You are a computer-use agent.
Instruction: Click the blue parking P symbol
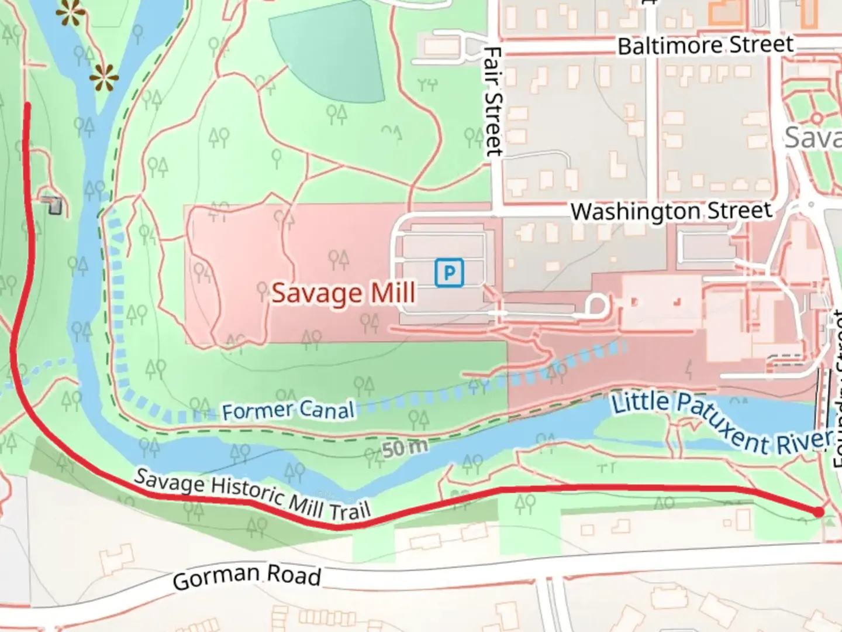tap(449, 273)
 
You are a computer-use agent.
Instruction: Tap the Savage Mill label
tap(344, 293)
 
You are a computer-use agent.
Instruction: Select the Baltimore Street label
tap(705, 45)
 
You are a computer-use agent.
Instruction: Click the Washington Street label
tap(671, 211)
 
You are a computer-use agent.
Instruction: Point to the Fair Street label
tap(494, 102)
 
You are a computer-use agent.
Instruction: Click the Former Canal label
tap(288, 410)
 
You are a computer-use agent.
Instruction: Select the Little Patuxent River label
tap(720, 423)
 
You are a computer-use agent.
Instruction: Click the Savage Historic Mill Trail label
tap(253, 495)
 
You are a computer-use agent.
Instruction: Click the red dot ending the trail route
tap(819, 512)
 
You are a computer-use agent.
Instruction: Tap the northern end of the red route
tap(27, 105)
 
